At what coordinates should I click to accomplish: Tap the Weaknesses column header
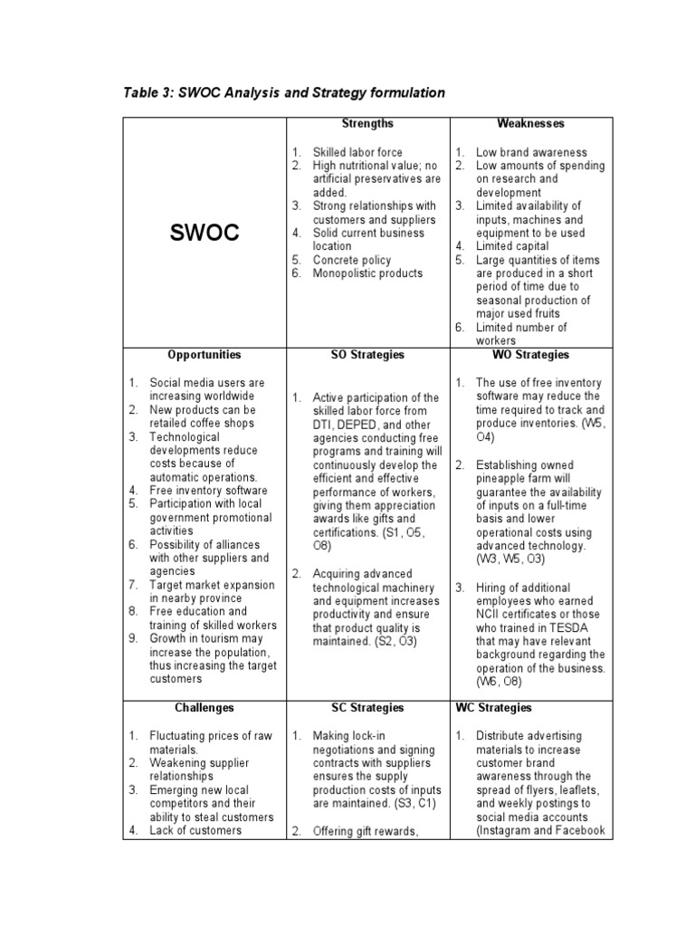coord(530,123)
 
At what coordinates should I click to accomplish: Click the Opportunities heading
coord(205,355)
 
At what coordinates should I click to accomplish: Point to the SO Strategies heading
coord(367,355)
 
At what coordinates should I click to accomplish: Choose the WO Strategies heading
coord(530,355)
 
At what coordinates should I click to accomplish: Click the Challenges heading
coord(205,707)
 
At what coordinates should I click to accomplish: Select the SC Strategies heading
coord(367,707)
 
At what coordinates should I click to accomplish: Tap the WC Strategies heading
coord(494,707)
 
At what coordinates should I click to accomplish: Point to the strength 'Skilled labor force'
coord(357,152)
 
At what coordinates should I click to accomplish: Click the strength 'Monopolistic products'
coord(367,273)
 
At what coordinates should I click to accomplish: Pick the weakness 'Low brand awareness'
coord(531,152)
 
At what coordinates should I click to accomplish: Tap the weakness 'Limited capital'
coord(512,246)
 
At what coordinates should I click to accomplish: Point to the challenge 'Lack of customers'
coord(195,830)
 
